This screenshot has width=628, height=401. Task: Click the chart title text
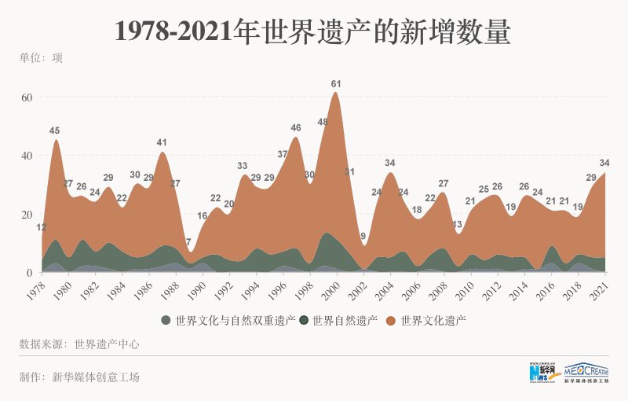(313, 31)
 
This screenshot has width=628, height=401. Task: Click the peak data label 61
(336, 83)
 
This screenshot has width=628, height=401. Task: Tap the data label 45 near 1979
(54, 131)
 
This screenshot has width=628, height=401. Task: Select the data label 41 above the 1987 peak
(162, 142)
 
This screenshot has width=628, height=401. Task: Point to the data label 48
(323, 122)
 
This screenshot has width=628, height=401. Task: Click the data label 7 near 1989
(188, 241)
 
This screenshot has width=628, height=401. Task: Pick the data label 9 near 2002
(363, 235)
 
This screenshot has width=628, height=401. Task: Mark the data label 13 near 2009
(457, 224)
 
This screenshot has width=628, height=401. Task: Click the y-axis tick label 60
(25, 97)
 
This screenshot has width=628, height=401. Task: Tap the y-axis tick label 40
(25, 156)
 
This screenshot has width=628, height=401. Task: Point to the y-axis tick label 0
(28, 273)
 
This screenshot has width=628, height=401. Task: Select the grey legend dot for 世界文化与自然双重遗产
(166, 320)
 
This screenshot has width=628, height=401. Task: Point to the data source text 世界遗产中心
(107, 344)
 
